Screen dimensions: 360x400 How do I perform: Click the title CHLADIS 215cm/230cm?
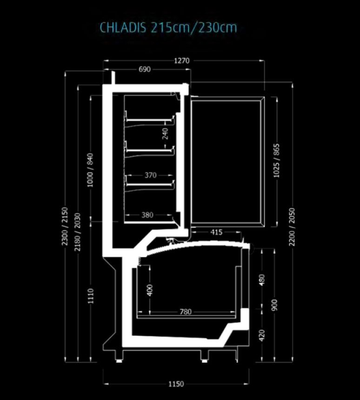(168, 27)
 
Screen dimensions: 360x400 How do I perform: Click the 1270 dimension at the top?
(182, 61)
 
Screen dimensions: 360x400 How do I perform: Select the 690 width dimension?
(145, 69)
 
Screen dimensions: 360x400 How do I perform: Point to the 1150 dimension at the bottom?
(176, 384)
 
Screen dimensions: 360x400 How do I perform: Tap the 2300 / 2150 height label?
(65, 226)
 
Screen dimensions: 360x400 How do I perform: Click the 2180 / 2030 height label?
(77, 232)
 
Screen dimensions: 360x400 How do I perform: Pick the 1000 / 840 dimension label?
(90, 170)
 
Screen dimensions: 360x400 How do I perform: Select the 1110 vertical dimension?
(91, 296)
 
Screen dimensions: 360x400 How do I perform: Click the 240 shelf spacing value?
(165, 134)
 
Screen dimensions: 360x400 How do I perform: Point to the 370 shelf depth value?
(150, 175)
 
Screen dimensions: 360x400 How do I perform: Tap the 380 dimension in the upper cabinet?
(147, 215)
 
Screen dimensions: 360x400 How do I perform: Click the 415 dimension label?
(216, 232)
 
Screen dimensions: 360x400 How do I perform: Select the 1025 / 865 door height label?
(276, 161)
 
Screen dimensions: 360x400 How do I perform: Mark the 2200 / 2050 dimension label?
(292, 227)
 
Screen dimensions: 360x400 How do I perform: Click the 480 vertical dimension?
(262, 280)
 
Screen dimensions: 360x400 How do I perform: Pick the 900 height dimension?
(274, 305)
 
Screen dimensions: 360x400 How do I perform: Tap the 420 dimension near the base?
(262, 335)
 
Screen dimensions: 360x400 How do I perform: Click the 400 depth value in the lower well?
(150, 290)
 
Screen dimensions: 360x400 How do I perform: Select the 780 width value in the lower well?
(186, 312)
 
